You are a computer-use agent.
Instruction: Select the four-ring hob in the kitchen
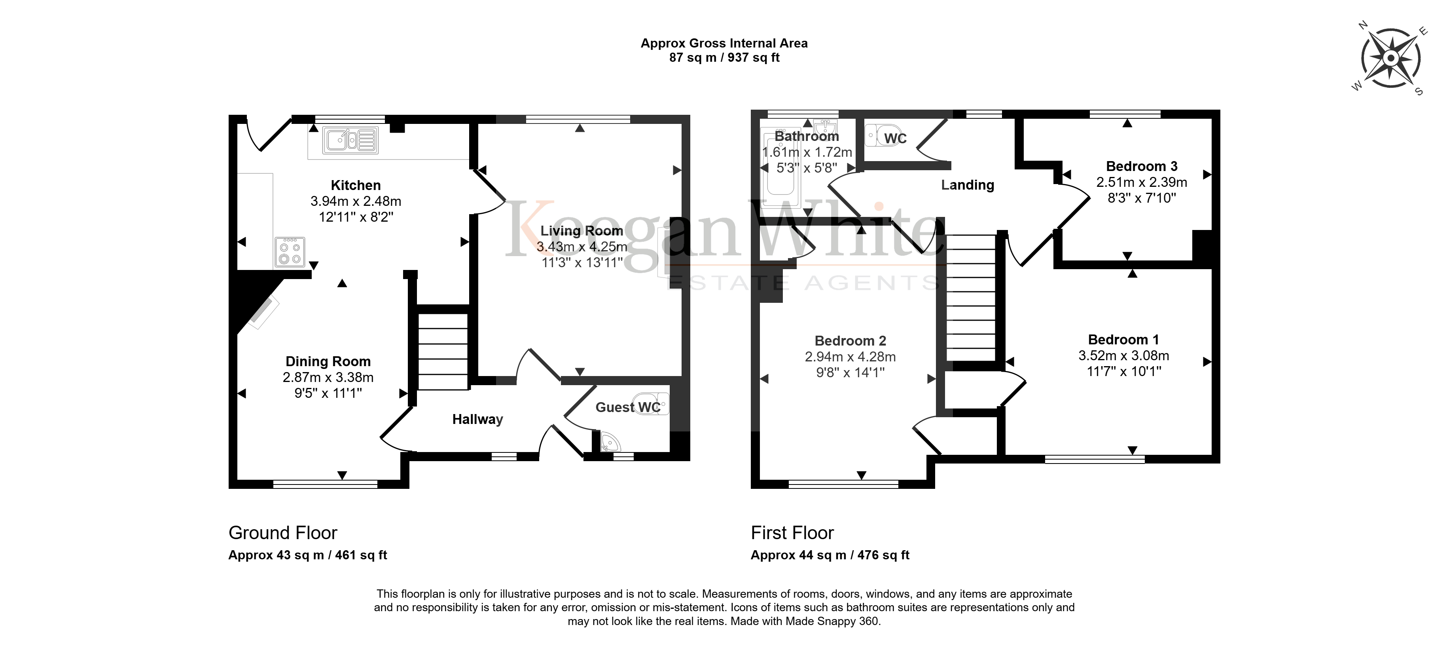(290, 251)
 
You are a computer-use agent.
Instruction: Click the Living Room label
(581, 231)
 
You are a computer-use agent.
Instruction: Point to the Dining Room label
(328, 361)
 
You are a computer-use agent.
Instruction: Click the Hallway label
(477, 419)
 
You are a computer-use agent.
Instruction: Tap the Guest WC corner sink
(608, 442)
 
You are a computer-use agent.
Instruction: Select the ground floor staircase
(443, 351)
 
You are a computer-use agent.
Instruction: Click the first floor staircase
(971, 298)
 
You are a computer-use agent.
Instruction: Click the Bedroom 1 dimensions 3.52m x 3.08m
(1123, 355)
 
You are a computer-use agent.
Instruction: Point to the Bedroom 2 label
(850, 341)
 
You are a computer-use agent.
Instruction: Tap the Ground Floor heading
(282, 532)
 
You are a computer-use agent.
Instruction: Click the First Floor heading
(792, 532)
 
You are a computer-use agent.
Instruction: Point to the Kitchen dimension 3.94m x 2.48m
(356, 201)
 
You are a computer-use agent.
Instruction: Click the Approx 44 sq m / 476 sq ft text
(830, 555)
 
